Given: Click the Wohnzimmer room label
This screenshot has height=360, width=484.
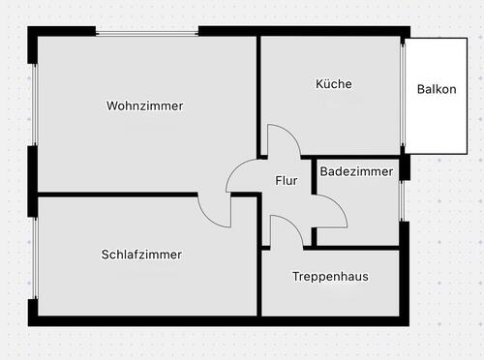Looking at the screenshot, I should coord(145,105).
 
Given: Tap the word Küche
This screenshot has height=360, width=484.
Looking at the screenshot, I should coord(334,84).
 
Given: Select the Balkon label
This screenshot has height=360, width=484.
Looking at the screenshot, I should coord(436,89).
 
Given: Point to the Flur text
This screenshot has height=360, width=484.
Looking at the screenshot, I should coord(287,180).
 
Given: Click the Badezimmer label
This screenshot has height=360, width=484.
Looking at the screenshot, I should coord(356,172).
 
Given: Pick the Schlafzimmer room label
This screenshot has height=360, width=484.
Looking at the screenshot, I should coord(141,255).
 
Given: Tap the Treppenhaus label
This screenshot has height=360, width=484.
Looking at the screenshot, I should coord(330,277).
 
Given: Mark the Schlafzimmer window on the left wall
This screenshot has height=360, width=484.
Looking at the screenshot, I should coord(34,258).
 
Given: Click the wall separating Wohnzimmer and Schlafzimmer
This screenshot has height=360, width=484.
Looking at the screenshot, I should coord(116,195).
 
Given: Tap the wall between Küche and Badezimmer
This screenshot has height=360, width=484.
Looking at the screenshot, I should coord(358,157).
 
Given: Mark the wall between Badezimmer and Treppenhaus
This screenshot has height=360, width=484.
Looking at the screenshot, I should coord(358,248).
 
